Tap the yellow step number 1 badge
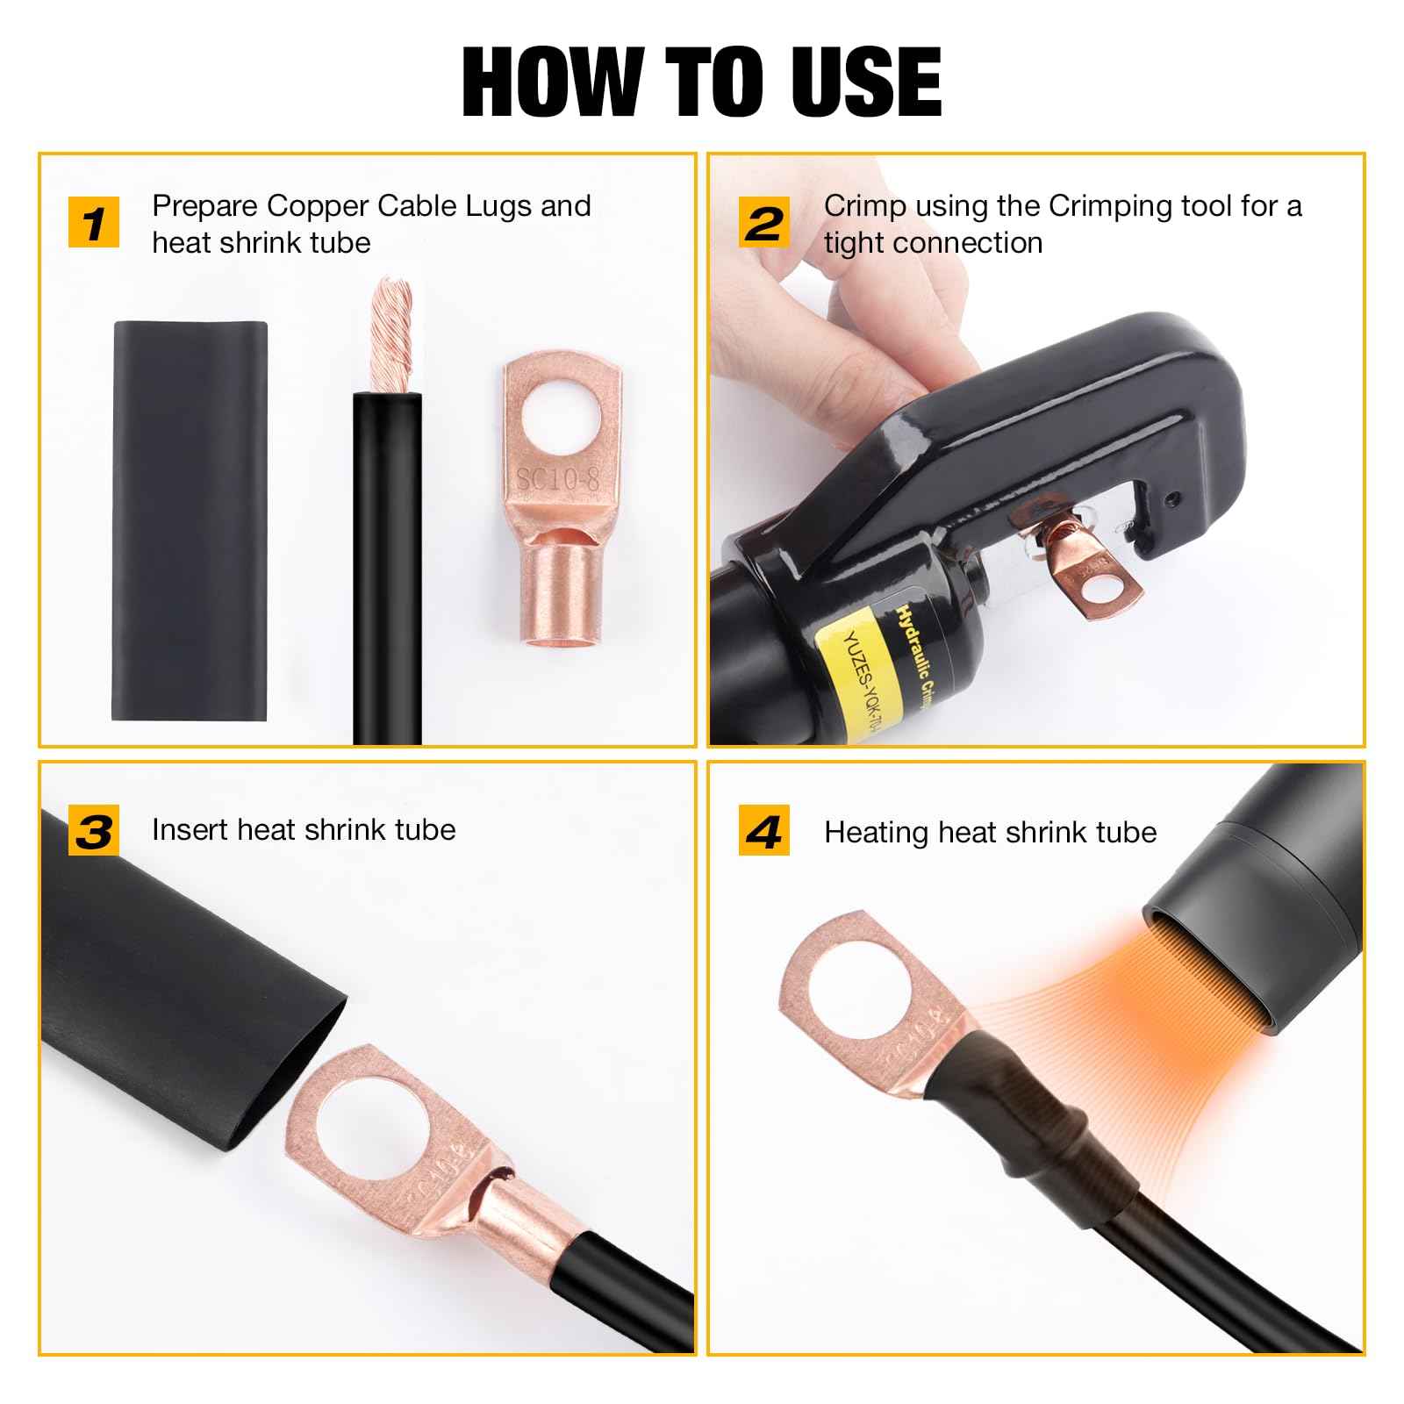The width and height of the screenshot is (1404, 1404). click(x=94, y=222)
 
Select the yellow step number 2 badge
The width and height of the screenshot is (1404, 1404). click(x=764, y=222)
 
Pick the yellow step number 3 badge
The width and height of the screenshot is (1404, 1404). click(x=94, y=831)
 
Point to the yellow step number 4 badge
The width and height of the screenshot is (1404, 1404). click(x=764, y=831)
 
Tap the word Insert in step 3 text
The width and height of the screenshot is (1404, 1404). click(x=190, y=830)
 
